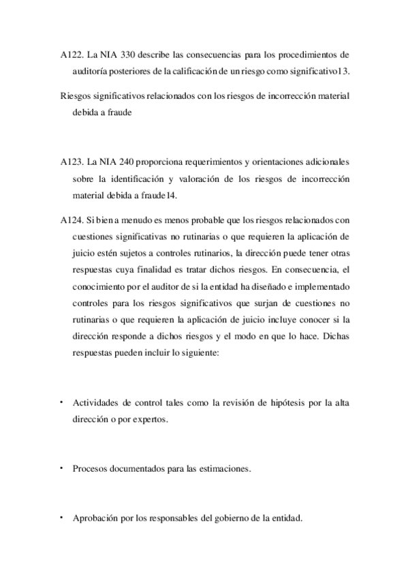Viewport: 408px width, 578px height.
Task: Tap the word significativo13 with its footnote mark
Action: click(318, 70)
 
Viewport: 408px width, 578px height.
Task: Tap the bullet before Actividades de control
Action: click(62, 403)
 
